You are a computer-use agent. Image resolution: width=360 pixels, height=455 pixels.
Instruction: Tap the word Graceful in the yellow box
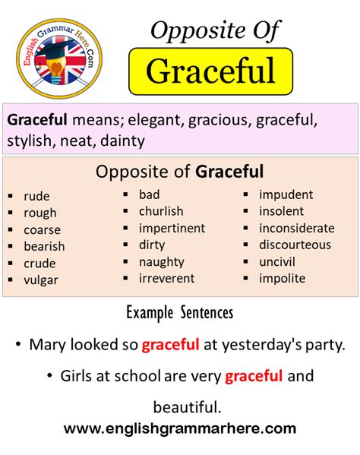point(210,71)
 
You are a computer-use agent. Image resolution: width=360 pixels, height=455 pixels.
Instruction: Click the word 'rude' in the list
point(36,196)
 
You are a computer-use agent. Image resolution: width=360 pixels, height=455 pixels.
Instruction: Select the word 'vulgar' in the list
point(41,280)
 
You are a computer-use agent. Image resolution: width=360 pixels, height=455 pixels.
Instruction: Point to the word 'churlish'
point(161,211)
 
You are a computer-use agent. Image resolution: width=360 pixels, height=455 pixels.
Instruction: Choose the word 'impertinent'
point(172,228)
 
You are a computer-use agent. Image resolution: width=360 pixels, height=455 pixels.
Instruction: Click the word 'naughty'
point(161,261)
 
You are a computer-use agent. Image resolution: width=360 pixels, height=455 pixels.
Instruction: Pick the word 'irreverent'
point(166,278)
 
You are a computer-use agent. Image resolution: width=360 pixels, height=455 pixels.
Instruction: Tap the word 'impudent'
point(286,194)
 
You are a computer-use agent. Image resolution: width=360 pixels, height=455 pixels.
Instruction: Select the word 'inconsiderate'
point(296,228)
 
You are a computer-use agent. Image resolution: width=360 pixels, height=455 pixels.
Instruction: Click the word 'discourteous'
point(295,245)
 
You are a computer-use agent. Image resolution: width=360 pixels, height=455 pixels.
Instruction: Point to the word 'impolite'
point(282,278)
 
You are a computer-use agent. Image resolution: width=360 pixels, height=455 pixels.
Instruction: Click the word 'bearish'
point(44,246)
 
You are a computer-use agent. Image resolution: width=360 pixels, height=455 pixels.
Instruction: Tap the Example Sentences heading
point(180,312)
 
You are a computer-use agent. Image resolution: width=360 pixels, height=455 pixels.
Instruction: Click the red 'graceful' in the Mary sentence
point(170,344)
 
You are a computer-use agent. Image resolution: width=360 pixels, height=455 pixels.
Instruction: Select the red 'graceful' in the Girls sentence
point(254,375)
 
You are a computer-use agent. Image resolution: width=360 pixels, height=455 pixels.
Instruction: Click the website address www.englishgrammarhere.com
point(180,429)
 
